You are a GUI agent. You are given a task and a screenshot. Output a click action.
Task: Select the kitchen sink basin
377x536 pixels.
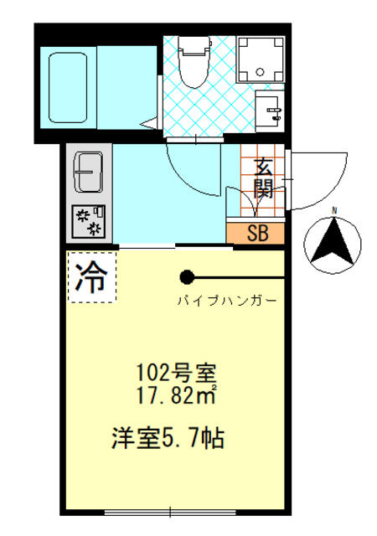pyautogui.click(x=87, y=171)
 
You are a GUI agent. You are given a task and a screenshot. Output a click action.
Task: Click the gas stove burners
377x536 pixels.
pyautogui.click(x=88, y=219)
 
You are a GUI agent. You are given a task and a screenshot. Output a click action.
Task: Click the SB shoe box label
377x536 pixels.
pyautogui.click(x=256, y=233)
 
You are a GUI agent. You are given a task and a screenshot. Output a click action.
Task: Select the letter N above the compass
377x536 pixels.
pyautogui.click(x=333, y=209)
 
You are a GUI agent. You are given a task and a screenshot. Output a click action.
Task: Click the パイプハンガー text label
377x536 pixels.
pyautogui.click(x=226, y=300)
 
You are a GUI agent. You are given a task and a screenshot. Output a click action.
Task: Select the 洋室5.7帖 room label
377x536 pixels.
pyautogui.click(x=169, y=437)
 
